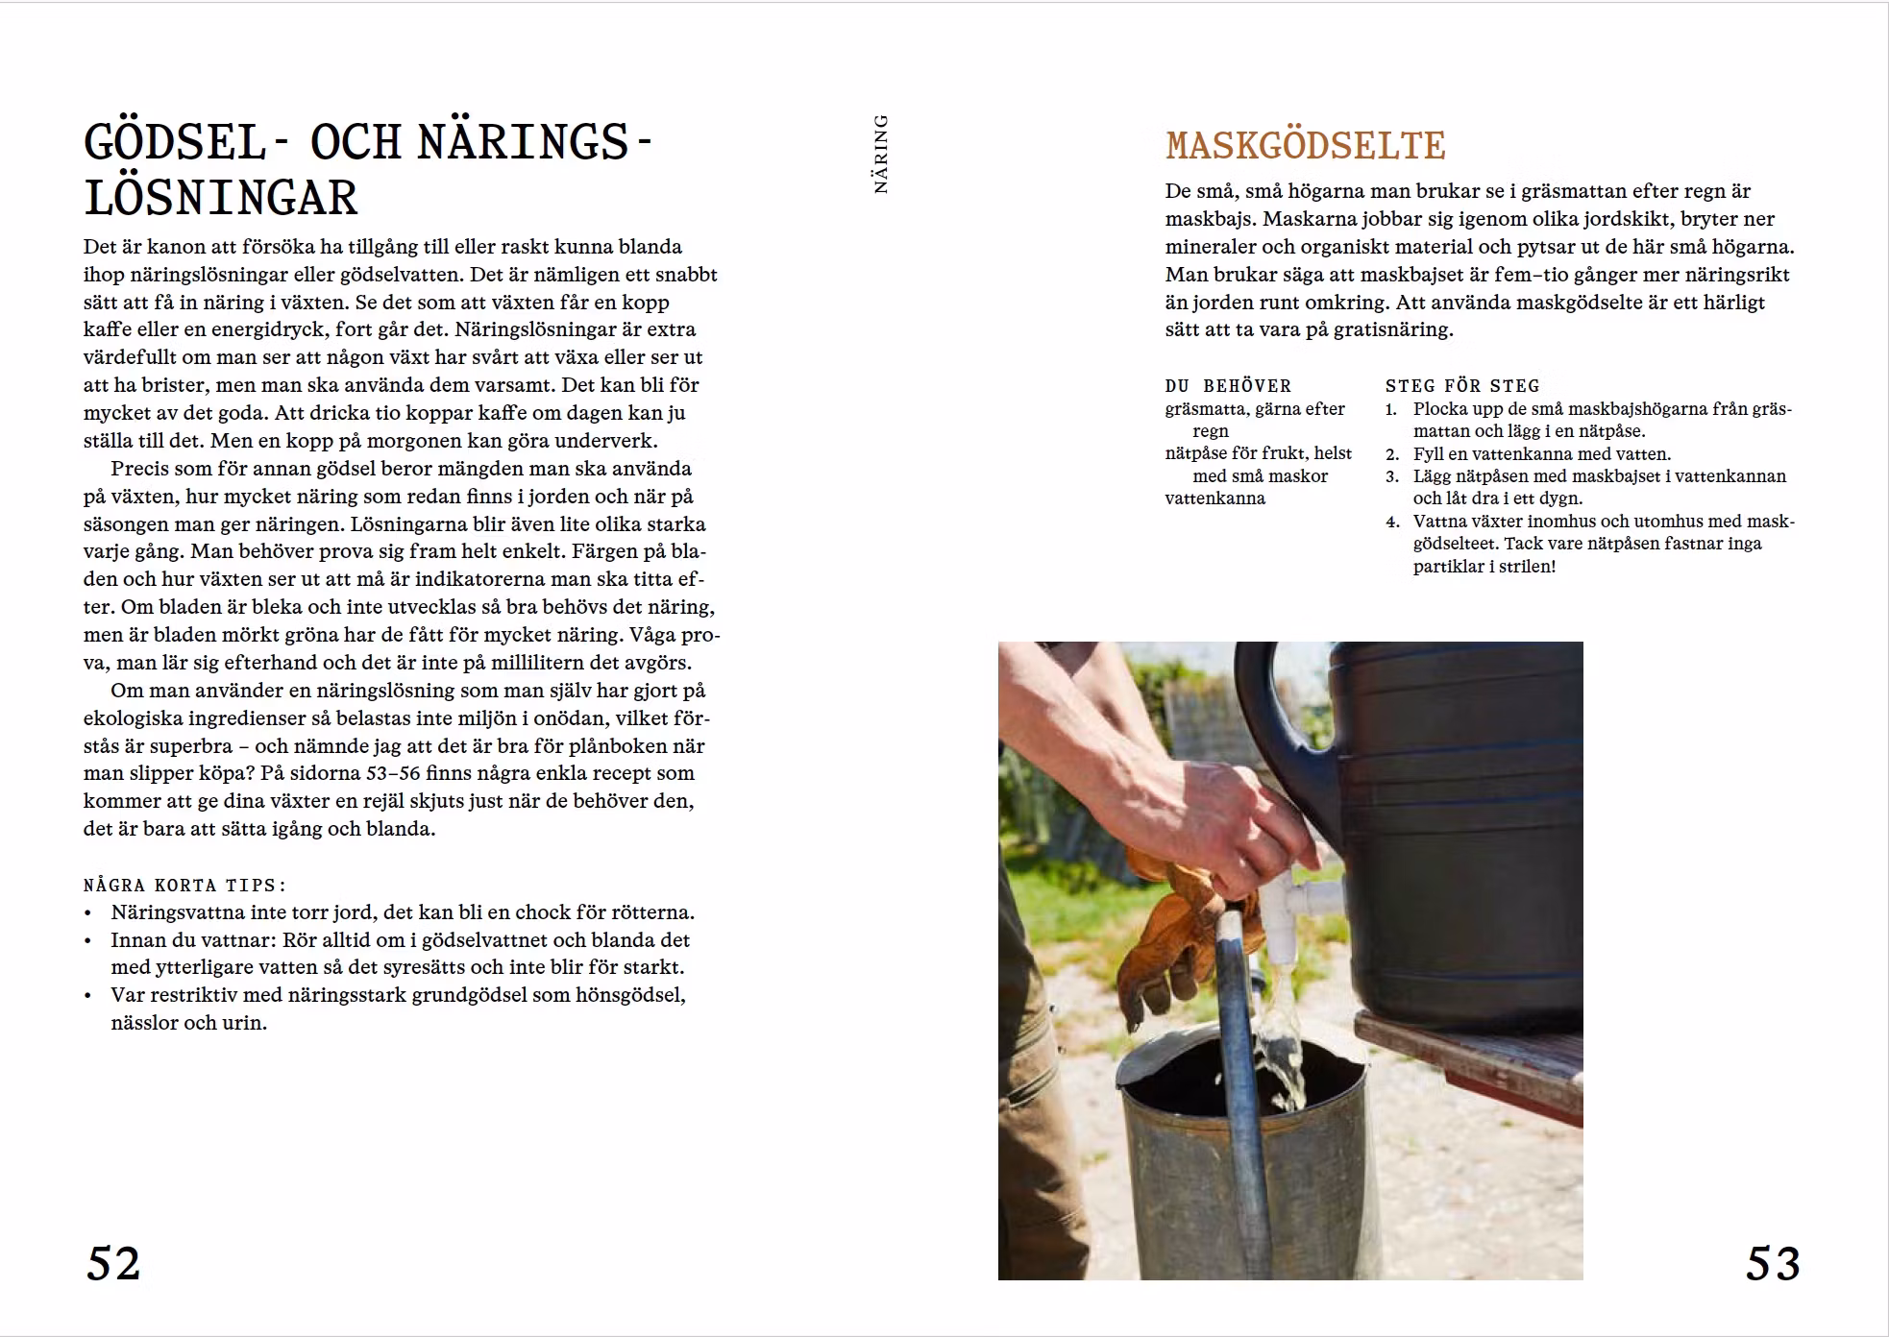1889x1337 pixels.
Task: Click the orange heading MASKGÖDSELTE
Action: click(x=1305, y=146)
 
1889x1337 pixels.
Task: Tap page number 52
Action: click(x=113, y=1263)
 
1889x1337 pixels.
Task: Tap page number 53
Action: click(x=1772, y=1263)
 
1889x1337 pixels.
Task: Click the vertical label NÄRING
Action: click(x=881, y=154)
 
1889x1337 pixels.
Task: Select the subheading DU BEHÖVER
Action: click(x=1228, y=385)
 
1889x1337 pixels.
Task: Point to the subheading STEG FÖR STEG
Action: click(x=1461, y=385)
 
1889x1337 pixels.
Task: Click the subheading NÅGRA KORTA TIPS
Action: click(x=184, y=885)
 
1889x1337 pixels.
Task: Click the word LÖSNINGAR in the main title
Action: click(x=221, y=199)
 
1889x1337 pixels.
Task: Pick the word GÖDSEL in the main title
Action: click(x=174, y=143)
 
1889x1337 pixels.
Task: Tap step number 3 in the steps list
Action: click(x=1391, y=476)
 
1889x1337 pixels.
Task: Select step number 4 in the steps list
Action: click(x=1391, y=522)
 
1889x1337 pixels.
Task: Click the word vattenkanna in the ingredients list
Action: click(x=1214, y=498)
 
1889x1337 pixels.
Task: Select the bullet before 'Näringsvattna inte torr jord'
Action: click(x=88, y=913)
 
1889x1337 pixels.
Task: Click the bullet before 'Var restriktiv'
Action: click(x=88, y=996)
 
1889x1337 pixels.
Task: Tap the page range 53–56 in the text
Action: click(x=393, y=773)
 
